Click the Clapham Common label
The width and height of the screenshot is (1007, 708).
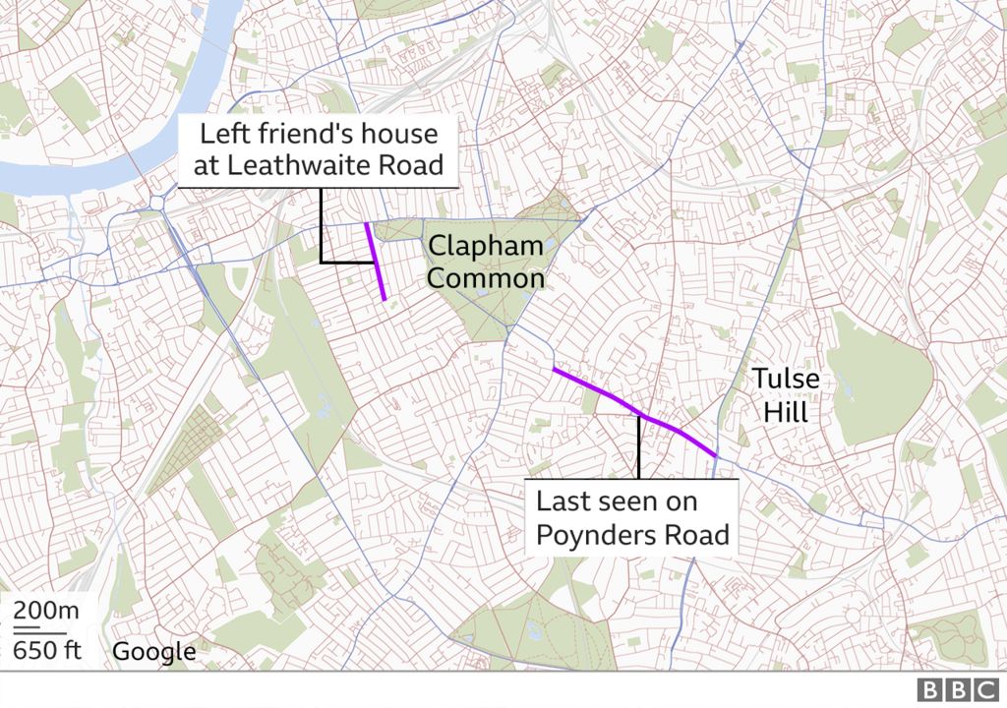pos(485,262)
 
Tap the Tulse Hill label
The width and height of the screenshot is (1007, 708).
pos(786,394)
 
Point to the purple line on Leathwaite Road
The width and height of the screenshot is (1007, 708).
pos(376,261)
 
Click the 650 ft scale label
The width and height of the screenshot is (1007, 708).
pos(46,649)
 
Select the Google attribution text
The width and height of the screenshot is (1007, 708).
pos(153,651)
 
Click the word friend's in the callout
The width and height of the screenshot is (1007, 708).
pos(317,133)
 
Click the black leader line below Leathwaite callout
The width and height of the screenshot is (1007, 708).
pos(323,226)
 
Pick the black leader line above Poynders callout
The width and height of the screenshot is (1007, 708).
pos(639,447)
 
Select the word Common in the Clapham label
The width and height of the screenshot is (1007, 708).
pos(485,279)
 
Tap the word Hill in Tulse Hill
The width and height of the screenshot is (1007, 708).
pos(786,412)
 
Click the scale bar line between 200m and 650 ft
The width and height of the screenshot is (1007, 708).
pos(38,630)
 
